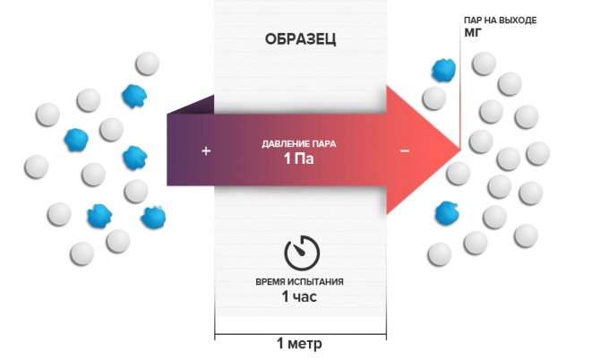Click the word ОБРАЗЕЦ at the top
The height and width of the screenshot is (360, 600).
pos(300,40)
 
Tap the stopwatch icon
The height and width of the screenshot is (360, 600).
pos(299,253)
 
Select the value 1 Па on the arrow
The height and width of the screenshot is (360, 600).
pos(300,161)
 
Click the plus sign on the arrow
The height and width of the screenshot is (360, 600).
pos(206,151)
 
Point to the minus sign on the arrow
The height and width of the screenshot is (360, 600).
pos(405,151)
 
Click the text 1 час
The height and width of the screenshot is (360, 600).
pos(300,296)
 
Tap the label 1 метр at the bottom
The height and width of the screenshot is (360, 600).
pos(300,344)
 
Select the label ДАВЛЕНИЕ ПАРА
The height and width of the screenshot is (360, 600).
pos(300,144)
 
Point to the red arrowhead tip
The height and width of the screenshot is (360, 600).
pos(459,149)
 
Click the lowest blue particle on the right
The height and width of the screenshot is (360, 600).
pos(445,212)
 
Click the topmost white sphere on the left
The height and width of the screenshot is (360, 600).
pos(146,64)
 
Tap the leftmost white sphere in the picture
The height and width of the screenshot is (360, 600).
pos(36,167)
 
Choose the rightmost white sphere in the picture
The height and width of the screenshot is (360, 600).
pos(538,152)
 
